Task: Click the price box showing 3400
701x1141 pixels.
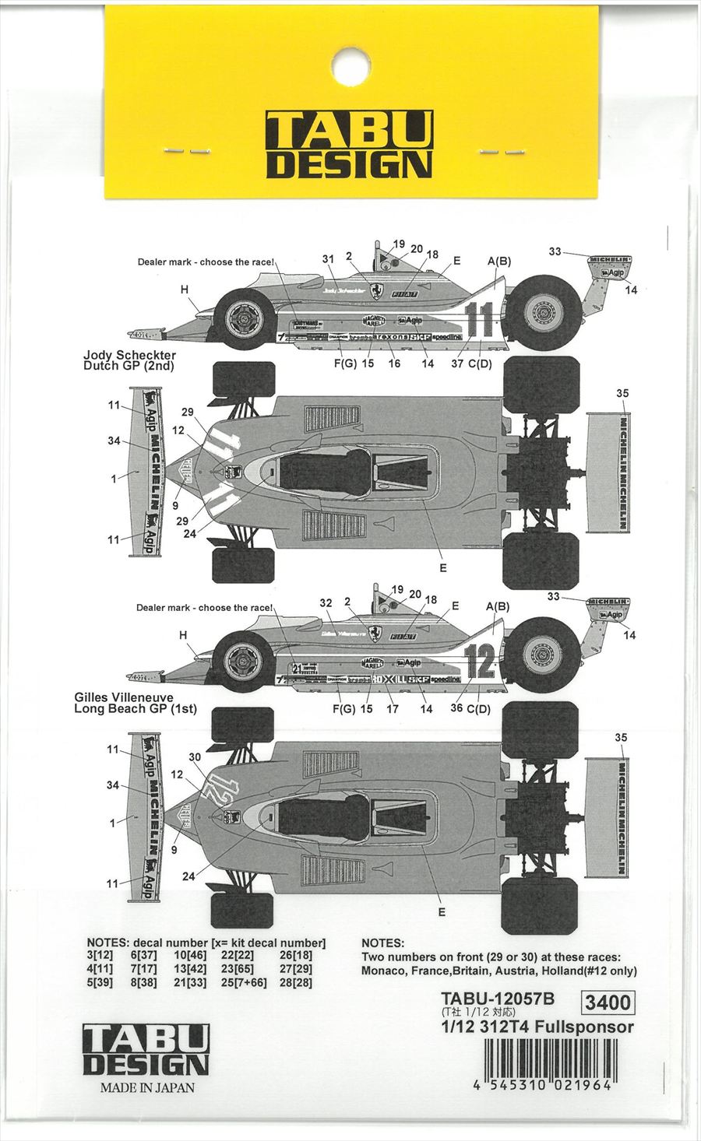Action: pos(607,1002)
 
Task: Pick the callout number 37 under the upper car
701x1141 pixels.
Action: pos(457,363)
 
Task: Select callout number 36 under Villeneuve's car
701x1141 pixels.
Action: pos(457,708)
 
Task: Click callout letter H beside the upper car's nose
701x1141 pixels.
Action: pos(185,290)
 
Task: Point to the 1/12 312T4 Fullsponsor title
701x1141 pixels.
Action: pos(537,1027)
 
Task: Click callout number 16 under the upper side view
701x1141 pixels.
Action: pos(394,363)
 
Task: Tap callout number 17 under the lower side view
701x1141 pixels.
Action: pos(394,709)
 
